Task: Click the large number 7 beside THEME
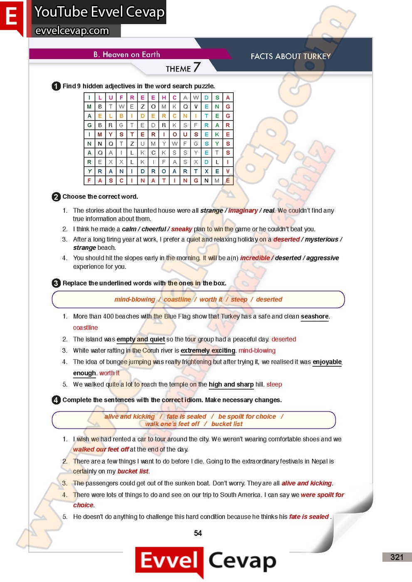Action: coord(197,67)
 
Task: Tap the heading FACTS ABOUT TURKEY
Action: coord(291,56)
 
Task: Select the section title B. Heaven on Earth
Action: coord(126,54)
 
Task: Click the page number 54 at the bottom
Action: coord(198,533)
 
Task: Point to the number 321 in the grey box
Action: coord(397,557)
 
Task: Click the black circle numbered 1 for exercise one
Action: coord(56,86)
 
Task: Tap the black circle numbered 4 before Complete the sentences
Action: coord(56,400)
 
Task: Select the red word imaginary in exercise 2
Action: coord(243,210)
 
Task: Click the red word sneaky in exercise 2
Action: coord(181,229)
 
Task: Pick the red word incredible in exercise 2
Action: coord(255,258)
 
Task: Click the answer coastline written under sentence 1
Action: coord(85,328)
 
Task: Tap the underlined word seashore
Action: coord(314,316)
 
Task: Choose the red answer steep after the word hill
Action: coord(274,385)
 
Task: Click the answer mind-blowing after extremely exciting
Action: coord(257,350)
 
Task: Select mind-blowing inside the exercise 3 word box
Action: coord(135,299)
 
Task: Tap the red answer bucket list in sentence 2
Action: coord(133,471)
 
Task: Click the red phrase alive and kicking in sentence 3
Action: coord(306,483)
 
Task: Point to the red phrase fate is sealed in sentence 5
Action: coord(309,517)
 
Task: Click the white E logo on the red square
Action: coord(11,17)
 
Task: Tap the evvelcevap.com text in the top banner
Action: coord(72,30)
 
